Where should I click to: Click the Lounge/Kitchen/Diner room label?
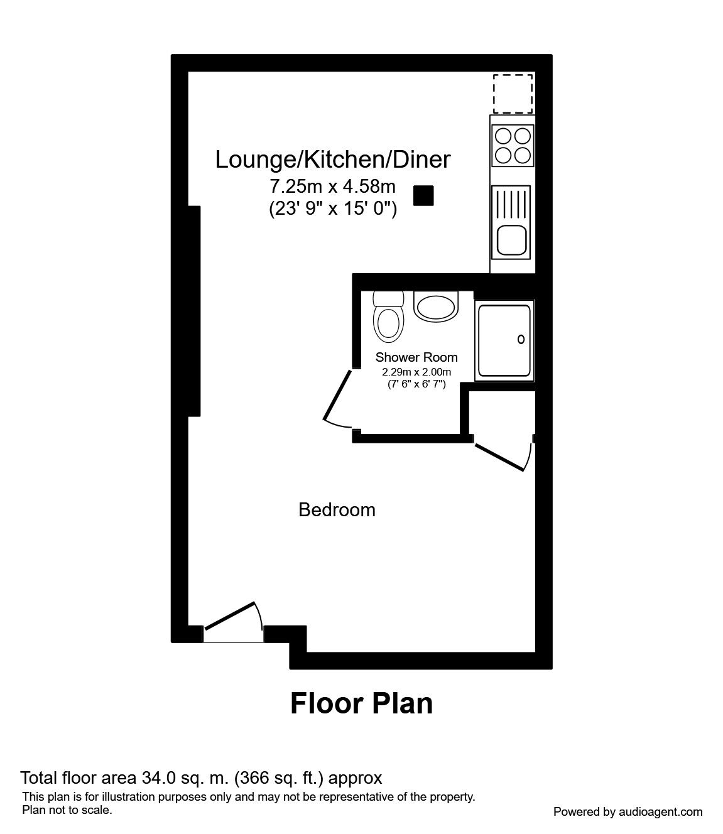tap(332, 160)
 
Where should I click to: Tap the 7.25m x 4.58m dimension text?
tap(332, 187)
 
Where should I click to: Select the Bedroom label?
tap(337, 509)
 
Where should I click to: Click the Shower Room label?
tap(416, 357)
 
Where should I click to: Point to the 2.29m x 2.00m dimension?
tap(416, 372)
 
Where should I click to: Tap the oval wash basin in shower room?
tap(436, 306)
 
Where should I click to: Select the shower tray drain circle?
tap(521, 340)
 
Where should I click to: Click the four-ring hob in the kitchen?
tap(513, 145)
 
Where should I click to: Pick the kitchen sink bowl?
tap(512, 239)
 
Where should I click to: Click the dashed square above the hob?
tap(513, 94)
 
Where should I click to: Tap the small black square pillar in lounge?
tap(423, 196)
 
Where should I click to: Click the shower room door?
tap(337, 397)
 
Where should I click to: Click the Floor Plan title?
tap(361, 703)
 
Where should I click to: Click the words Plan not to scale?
tap(67, 810)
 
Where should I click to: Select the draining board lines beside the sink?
tap(512, 203)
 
